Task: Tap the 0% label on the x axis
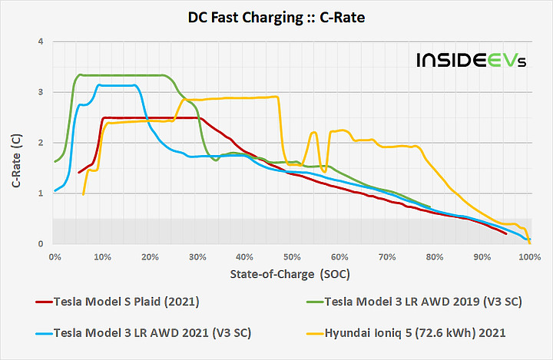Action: click(x=55, y=256)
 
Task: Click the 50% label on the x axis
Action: click(x=292, y=256)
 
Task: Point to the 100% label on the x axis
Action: click(x=528, y=256)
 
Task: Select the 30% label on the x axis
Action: click(x=197, y=256)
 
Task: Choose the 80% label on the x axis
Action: click(x=434, y=256)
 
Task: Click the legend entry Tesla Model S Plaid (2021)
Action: click(x=127, y=302)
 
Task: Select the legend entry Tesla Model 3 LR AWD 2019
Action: click(x=423, y=302)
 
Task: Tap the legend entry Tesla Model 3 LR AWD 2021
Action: click(x=143, y=332)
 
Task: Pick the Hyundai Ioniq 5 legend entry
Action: click(x=426, y=332)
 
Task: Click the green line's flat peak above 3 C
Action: click(x=123, y=75)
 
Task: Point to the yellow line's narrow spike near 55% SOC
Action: click(x=314, y=133)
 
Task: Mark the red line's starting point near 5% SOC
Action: click(x=79, y=173)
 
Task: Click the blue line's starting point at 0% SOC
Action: click(x=55, y=190)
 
